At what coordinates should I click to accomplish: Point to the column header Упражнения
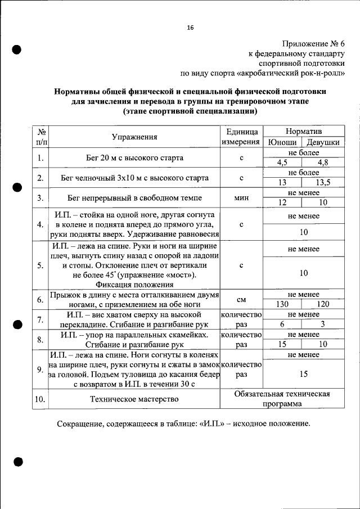(134, 137)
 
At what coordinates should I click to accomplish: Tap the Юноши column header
(283, 142)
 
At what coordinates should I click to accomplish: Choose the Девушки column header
(323, 142)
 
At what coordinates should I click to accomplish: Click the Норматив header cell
(303, 130)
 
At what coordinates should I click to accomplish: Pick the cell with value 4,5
(283, 163)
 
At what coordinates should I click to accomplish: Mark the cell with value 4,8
(323, 163)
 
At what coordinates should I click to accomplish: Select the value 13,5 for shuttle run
(323, 183)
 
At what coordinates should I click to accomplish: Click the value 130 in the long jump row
(283, 304)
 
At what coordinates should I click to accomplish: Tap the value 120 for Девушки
(323, 304)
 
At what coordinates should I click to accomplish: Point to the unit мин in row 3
(241, 198)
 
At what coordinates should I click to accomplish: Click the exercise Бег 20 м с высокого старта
(134, 158)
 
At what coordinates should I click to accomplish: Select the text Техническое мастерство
(134, 399)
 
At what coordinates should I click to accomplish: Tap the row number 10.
(40, 399)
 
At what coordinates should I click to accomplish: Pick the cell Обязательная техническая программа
(290, 399)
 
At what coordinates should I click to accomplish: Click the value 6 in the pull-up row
(283, 324)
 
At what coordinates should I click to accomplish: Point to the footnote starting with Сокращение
(183, 424)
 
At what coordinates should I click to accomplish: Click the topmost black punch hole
(17, 49)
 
